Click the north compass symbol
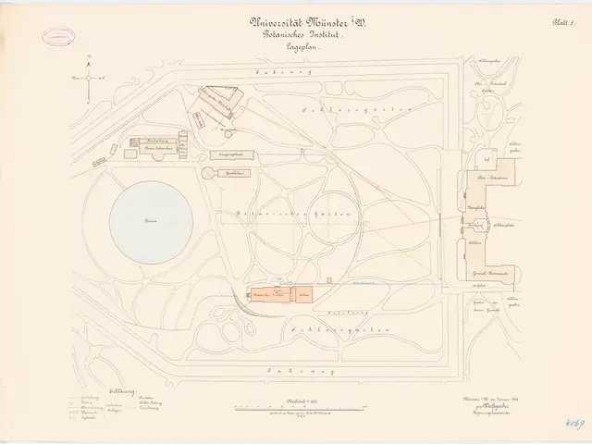tap(89, 78)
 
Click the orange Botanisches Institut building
tap(279, 294)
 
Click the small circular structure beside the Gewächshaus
tap(209, 174)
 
